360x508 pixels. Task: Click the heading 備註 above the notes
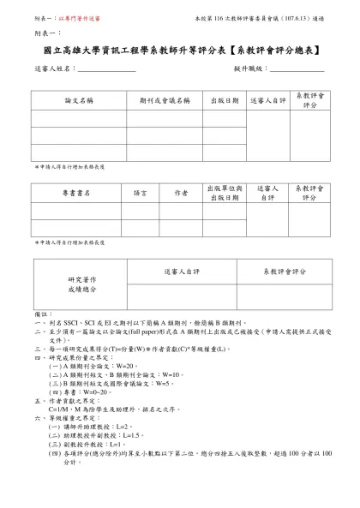point(41,314)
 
